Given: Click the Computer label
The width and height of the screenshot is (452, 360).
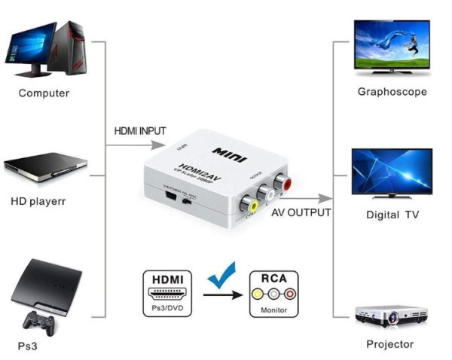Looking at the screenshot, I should coord(44,93).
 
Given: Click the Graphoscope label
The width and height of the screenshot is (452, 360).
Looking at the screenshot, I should coord(392,92).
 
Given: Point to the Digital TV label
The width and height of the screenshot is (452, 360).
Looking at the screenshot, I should coord(392,215).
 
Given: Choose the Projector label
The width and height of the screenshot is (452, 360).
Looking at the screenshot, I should coord(389,344).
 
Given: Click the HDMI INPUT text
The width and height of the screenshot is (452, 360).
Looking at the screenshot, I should coord(140,130).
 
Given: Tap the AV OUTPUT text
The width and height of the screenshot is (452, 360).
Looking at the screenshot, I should coord(301,212).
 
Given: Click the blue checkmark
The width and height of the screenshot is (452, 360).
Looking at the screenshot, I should coord(221,276).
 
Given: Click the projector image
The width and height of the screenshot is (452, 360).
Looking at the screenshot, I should coord(391,315).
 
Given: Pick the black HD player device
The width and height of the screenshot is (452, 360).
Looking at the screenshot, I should coord(45,168).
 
